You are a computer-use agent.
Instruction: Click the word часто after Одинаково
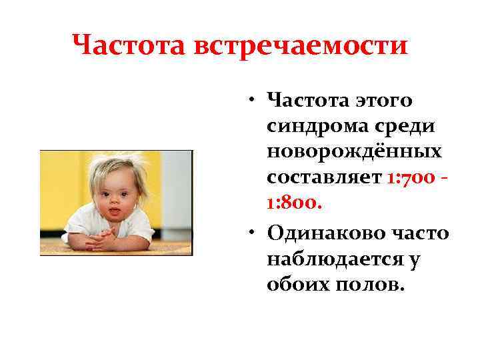click(418, 233)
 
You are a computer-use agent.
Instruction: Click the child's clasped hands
click(104, 238)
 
